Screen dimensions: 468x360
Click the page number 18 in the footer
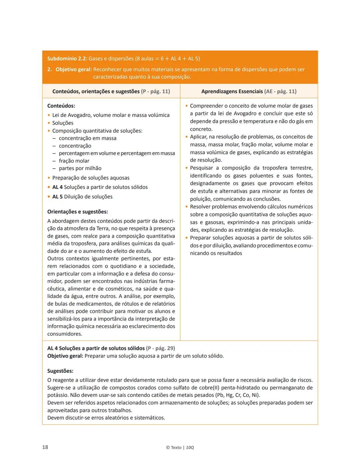[x=45, y=447]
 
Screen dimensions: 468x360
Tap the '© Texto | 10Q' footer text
[x=180, y=447]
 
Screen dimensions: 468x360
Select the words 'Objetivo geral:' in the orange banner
[x=74, y=70]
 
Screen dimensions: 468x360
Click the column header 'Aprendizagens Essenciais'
[x=232, y=91]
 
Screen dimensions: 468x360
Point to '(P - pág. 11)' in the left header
[x=156, y=91]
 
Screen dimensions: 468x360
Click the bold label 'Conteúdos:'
[x=61, y=106]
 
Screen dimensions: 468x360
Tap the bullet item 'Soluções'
[x=63, y=123]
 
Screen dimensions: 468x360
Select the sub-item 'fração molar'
[x=74, y=161]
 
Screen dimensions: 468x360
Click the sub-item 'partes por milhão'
[x=80, y=168]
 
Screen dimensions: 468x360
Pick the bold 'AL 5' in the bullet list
[x=57, y=197]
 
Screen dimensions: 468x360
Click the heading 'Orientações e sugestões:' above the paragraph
[x=78, y=212]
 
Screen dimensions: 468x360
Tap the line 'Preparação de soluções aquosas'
[x=91, y=178]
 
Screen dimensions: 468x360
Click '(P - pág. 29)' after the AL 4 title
[x=160, y=348]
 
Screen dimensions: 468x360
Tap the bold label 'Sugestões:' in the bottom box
[x=60, y=371]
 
